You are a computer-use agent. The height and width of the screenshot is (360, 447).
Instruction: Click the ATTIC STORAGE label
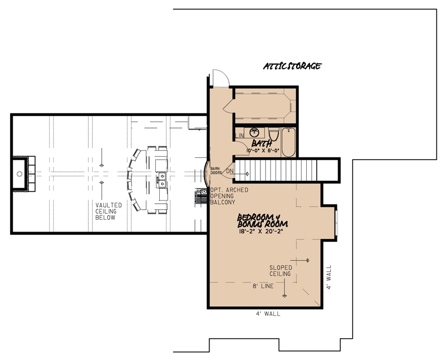[292, 66]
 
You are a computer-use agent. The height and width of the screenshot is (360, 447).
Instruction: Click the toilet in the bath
[274, 135]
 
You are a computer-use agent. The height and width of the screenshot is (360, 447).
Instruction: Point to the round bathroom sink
[255, 132]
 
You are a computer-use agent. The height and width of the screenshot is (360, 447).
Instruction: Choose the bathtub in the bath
[289, 142]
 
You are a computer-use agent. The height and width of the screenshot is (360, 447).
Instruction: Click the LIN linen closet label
[241, 136]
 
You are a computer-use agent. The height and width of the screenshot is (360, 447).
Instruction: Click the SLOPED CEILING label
[280, 271]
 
